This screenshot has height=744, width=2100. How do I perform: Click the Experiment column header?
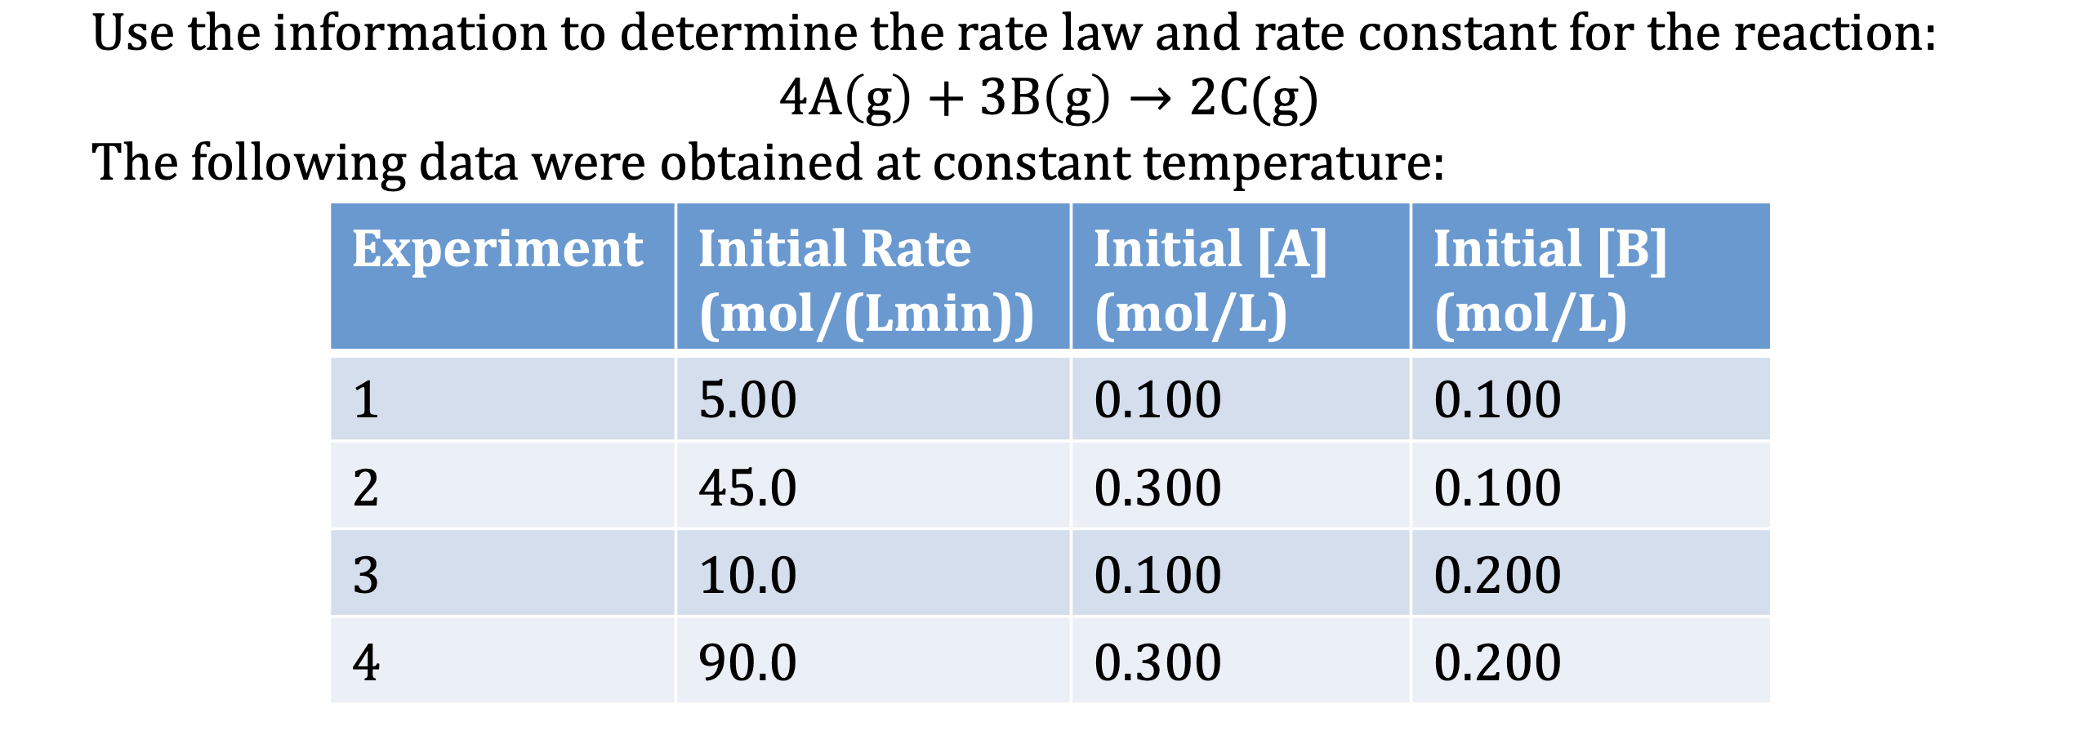[x=497, y=249]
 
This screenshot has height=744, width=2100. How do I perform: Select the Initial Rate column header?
[x=866, y=281]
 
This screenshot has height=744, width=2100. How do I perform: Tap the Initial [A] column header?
[x=1210, y=281]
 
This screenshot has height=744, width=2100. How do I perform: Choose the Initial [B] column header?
[x=1549, y=281]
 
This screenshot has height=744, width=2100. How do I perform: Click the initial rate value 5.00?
[x=747, y=400]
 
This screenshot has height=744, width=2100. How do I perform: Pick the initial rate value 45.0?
[x=747, y=488]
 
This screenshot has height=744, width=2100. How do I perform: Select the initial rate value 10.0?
[x=747, y=575]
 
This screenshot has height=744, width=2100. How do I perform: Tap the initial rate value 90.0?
[x=747, y=662]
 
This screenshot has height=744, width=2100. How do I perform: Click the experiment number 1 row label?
[x=366, y=400]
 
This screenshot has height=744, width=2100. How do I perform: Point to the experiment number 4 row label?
[x=366, y=662]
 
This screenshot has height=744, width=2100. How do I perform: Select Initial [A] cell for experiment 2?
[x=1157, y=488]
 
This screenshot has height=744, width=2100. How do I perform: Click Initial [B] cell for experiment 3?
[x=1497, y=575]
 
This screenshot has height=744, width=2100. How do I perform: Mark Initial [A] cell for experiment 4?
[x=1157, y=662]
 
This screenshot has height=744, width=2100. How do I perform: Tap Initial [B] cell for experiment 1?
[x=1497, y=400]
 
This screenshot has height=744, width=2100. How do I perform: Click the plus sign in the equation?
[x=946, y=100]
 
